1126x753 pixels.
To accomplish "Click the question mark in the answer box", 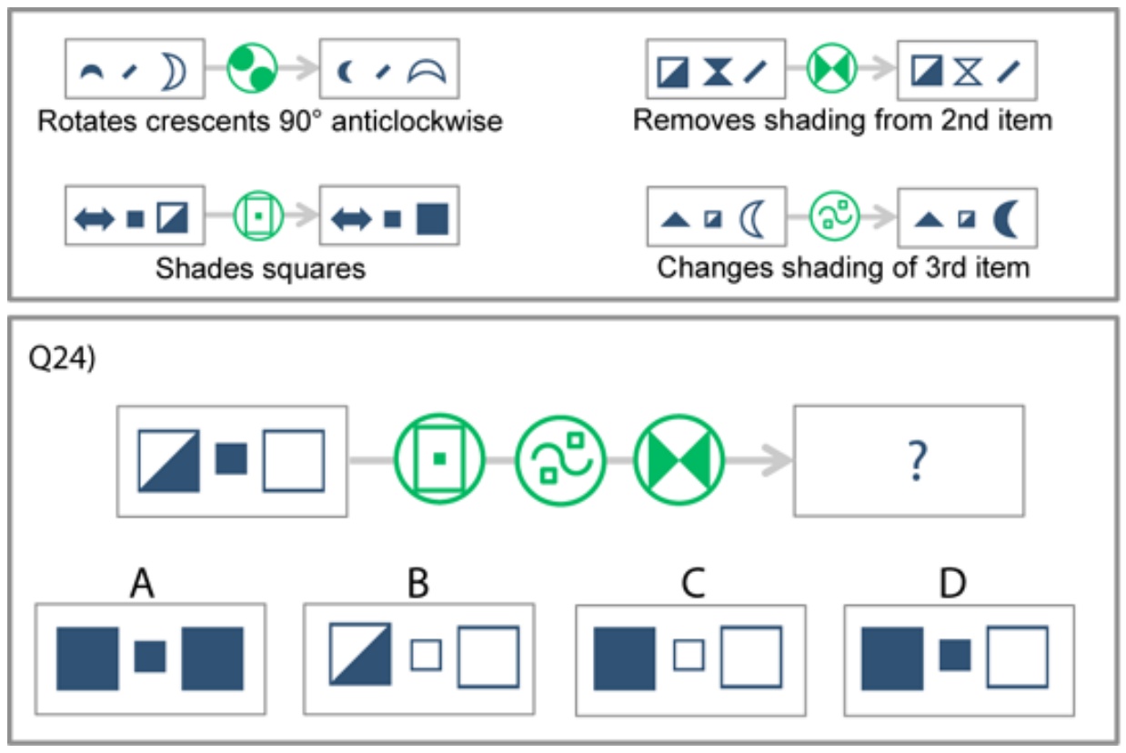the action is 917,460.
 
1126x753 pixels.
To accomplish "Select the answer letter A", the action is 142,583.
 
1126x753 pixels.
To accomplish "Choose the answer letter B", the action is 418,583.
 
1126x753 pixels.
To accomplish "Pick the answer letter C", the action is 693,583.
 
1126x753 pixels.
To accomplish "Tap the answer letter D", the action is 952,583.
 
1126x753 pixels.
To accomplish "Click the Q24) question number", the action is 62,358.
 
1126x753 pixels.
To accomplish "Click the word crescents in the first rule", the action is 208,121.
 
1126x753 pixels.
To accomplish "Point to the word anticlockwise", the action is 417,121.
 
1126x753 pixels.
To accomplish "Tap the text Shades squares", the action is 260,268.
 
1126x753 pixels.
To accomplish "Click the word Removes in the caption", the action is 694,121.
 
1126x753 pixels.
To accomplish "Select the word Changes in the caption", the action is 714,268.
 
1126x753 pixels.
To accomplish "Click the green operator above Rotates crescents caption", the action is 252,68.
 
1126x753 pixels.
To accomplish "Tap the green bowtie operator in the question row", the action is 679,460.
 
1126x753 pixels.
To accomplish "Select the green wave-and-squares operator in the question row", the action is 560,460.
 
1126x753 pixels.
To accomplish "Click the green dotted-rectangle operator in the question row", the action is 439,459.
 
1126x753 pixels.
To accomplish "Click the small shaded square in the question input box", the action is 231,458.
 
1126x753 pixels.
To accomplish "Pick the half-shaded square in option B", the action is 360,654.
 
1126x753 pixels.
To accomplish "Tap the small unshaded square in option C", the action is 689,655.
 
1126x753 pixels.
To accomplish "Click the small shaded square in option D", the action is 955,655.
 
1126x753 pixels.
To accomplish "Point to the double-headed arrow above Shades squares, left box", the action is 94,219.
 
